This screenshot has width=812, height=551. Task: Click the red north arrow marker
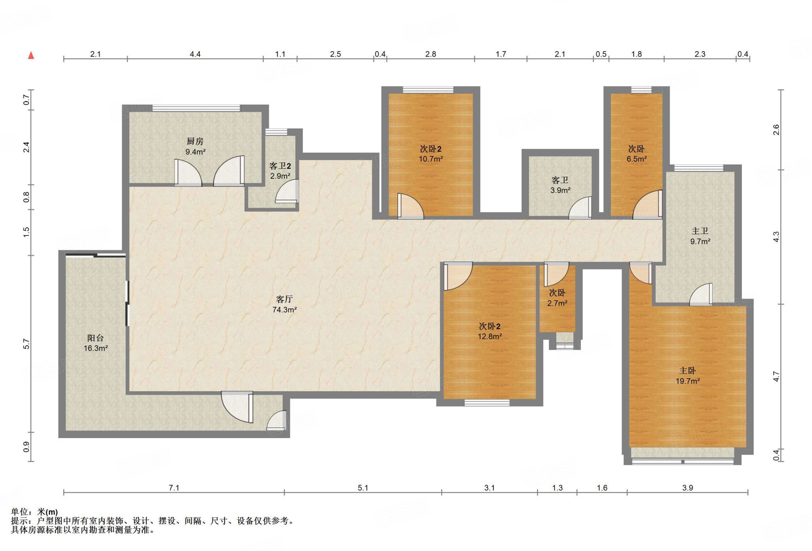[x=31, y=55]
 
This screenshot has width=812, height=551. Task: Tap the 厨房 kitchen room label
[x=195, y=141]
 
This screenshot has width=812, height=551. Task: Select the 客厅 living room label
[x=284, y=299]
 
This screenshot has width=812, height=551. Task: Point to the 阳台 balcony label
[x=96, y=338]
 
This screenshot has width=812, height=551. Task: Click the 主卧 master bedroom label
[x=688, y=371]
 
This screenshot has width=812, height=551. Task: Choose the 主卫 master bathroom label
[x=700, y=231]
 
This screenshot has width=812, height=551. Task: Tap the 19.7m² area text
[x=688, y=381]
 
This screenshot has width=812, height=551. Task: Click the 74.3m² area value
[x=284, y=310]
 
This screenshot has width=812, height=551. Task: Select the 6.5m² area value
[x=636, y=159]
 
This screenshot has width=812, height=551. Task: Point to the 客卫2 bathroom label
[x=280, y=166]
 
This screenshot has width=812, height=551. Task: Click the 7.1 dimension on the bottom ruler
[x=174, y=488]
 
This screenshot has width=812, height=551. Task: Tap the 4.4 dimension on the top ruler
[x=195, y=54]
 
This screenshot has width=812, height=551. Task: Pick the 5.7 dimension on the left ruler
[x=26, y=344]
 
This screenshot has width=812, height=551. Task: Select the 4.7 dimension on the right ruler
[x=776, y=377]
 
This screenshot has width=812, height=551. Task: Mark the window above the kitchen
[x=196, y=108]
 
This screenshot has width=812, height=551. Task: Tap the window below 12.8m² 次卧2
[x=487, y=403]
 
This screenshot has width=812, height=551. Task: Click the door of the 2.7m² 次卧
[x=556, y=274]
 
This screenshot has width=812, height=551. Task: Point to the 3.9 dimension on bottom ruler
[x=688, y=488]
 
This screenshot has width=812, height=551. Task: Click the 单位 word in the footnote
[x=19, y=512]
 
